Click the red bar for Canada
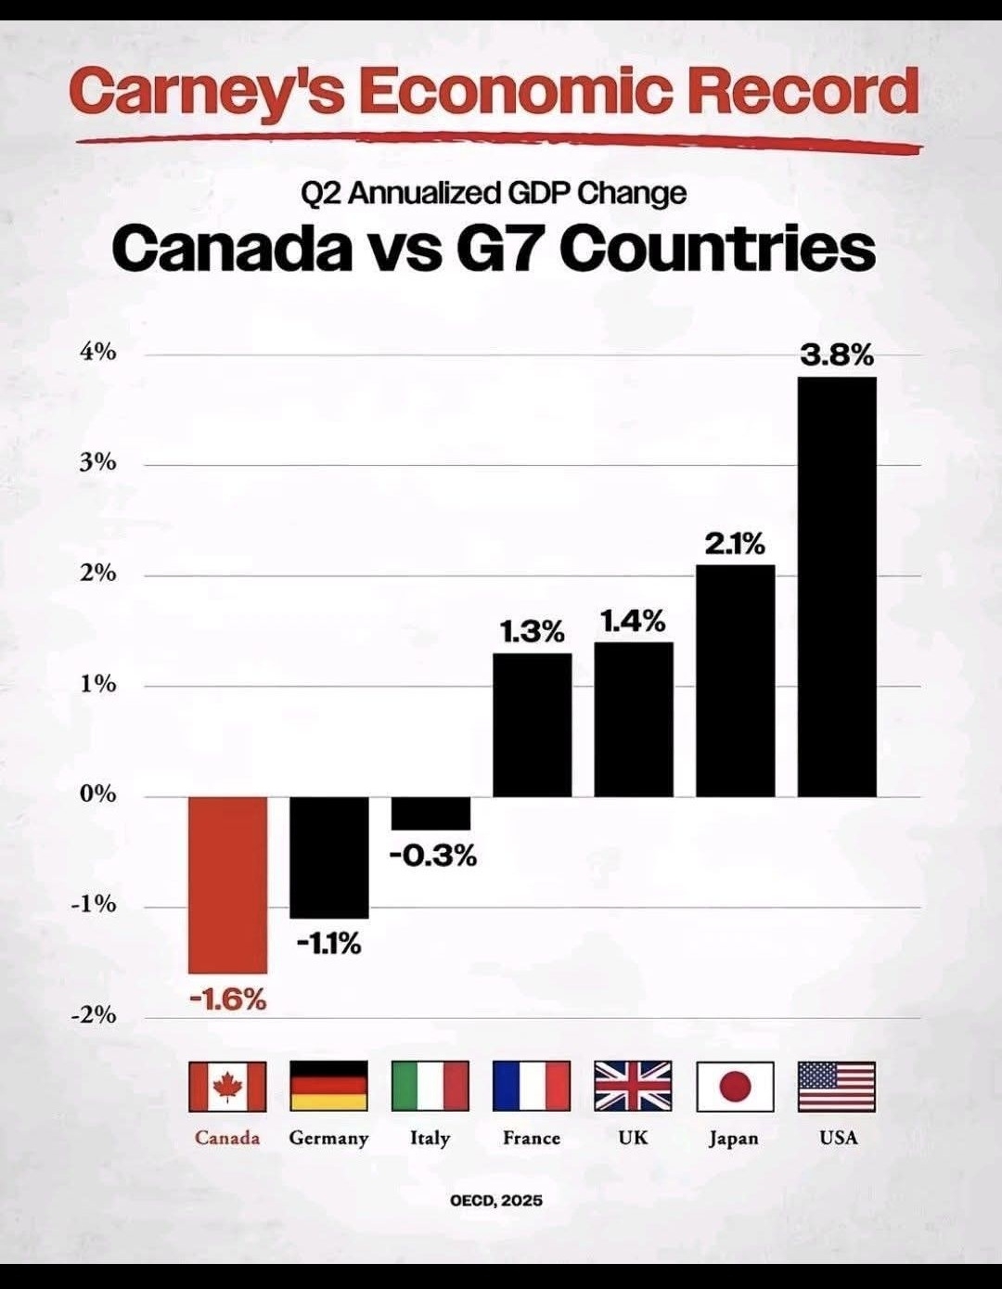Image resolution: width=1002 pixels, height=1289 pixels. tap(227, 883)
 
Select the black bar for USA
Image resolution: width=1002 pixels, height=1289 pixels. tap(837, 586)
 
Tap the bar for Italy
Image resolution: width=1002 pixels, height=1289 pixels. tap(430, 813)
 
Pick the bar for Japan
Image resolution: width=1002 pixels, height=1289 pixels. tap(735, 680)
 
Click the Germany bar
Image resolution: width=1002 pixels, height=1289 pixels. tap(329, 857)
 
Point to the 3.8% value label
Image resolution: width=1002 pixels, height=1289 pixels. tap(837, 354)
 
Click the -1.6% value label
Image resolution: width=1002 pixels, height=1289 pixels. tap(227, 999)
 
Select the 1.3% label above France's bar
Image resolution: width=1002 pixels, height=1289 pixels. tap(532, 632)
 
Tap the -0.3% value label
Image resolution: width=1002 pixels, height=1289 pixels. tap(432, 855)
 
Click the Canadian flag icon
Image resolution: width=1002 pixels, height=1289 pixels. tap(227, 1086)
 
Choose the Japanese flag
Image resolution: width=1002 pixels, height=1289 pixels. tap(735, 1086)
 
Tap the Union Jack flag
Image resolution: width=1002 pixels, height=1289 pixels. tap(633, 1086)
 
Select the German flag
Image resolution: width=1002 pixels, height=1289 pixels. tap(329, 1086)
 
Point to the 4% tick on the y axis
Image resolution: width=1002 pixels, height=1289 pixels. tap(97, 353)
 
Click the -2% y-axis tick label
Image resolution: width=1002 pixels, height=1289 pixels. tap(94, 1015)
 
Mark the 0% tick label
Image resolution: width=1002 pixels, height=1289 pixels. tap(97, 794)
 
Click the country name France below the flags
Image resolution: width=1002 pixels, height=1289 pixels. tap(532, 1138)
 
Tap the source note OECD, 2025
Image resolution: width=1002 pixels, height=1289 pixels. tap(496, 1200)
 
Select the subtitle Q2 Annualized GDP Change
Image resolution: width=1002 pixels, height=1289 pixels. tap(494, 193)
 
